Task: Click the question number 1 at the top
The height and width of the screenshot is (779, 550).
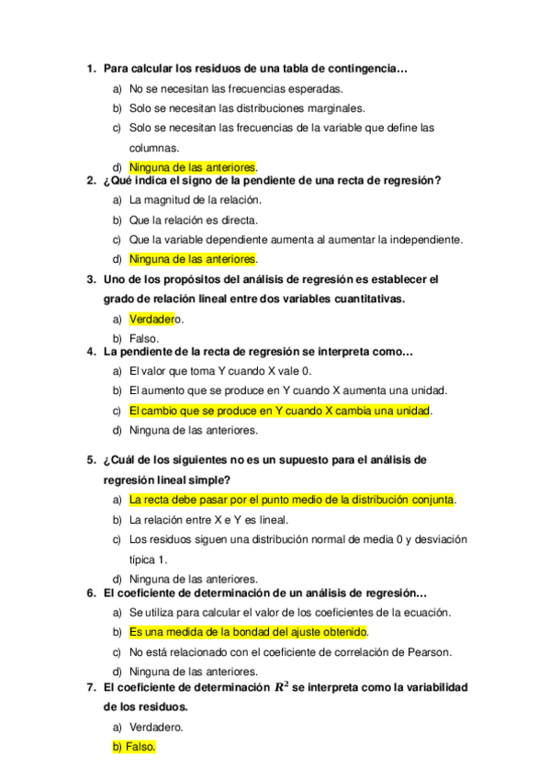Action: point(90,68)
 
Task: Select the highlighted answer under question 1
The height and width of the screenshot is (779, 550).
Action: point(192,167)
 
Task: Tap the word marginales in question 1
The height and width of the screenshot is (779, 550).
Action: point(335,108)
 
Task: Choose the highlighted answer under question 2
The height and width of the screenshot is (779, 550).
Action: point(192,259)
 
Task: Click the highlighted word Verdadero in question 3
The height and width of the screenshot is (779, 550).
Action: point(152,319)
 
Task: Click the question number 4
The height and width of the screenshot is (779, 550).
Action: point(90,351)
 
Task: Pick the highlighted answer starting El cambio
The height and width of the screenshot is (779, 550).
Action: point(279,411)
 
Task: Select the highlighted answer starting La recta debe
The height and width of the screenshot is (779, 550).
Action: point(291,500)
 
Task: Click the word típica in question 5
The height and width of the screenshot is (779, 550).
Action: point(142,559)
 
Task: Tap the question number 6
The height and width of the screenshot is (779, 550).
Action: point(90,593)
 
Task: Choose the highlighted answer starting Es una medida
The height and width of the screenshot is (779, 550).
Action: point(248,632)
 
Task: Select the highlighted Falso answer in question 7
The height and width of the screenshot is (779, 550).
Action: point(134,747)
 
